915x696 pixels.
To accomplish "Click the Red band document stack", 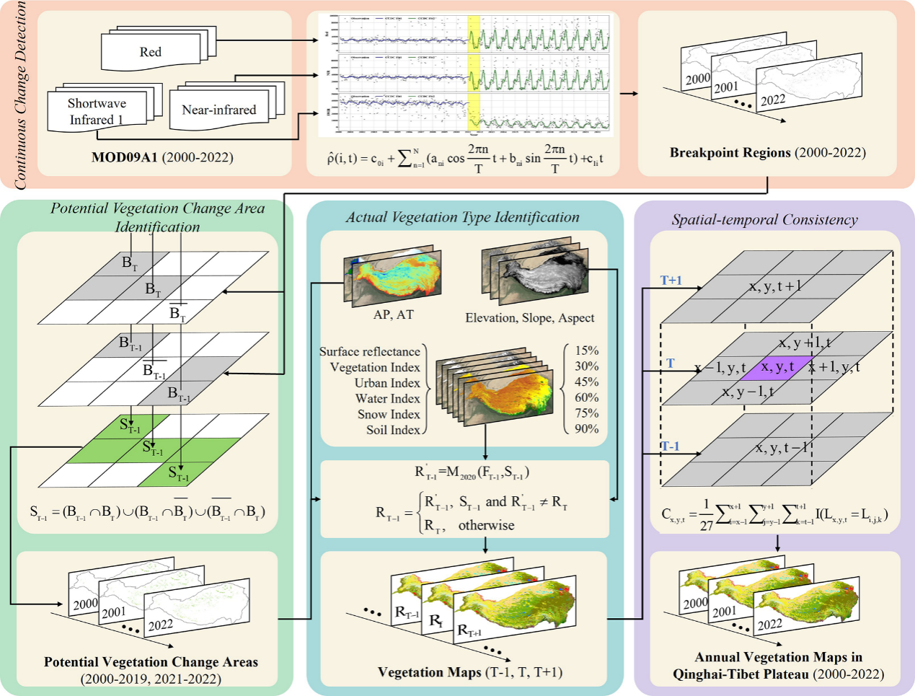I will pos(151,51).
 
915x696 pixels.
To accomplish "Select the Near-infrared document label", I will pos(218,110).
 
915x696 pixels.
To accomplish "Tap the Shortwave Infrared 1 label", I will pos(97,112).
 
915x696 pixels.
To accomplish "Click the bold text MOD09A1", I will pos(124,157).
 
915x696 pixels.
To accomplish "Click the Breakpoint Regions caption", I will pos(730,153).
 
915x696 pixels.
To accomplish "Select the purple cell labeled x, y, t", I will pos(778,366).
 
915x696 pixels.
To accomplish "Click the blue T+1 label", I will pos(671,281).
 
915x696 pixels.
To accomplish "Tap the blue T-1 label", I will pos(671,446).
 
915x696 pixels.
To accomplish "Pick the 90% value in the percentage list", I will pos(586,428).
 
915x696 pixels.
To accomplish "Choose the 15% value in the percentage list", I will pos(586,351).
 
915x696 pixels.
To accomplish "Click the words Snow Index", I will pos(389,414).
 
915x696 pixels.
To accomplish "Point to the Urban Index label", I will pos(387,383).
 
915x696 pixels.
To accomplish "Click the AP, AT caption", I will pos(394,314).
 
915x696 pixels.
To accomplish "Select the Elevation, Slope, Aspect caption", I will pos(530,317).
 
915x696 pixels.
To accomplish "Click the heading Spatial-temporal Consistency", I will pos(764,220).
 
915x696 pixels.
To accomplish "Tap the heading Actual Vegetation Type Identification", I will pos(463,217).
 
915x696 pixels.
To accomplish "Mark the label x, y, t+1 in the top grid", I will pos(775,286).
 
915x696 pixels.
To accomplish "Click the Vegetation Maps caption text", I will pos(430,672).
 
